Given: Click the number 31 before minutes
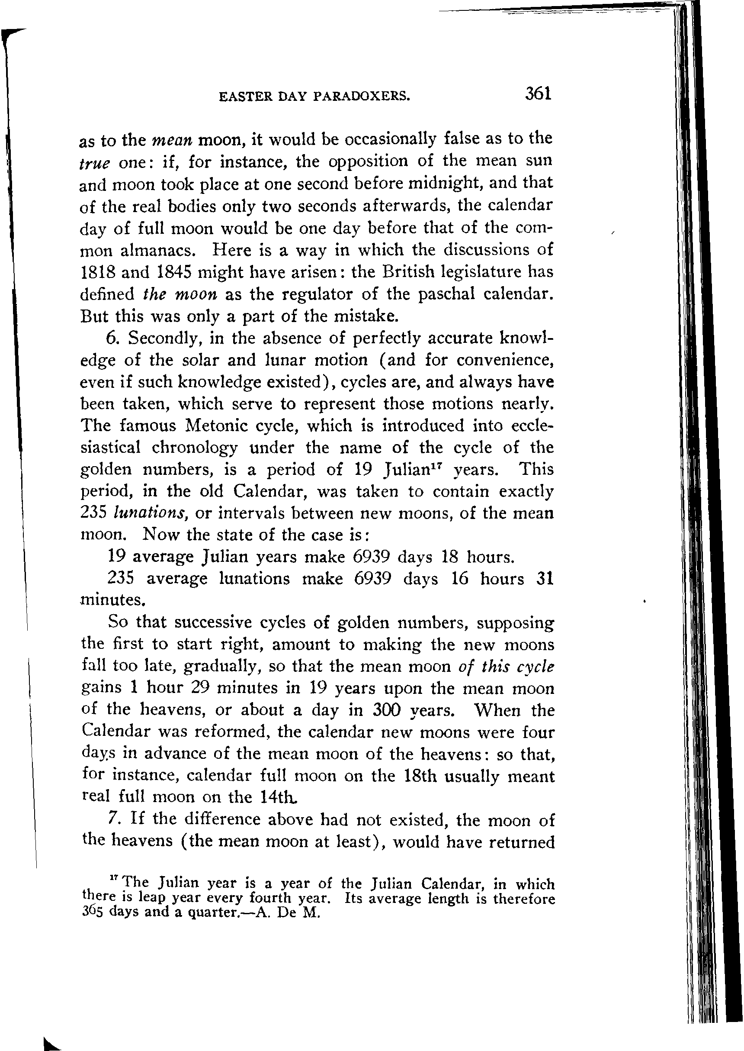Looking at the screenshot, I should [x=544, y=578].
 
